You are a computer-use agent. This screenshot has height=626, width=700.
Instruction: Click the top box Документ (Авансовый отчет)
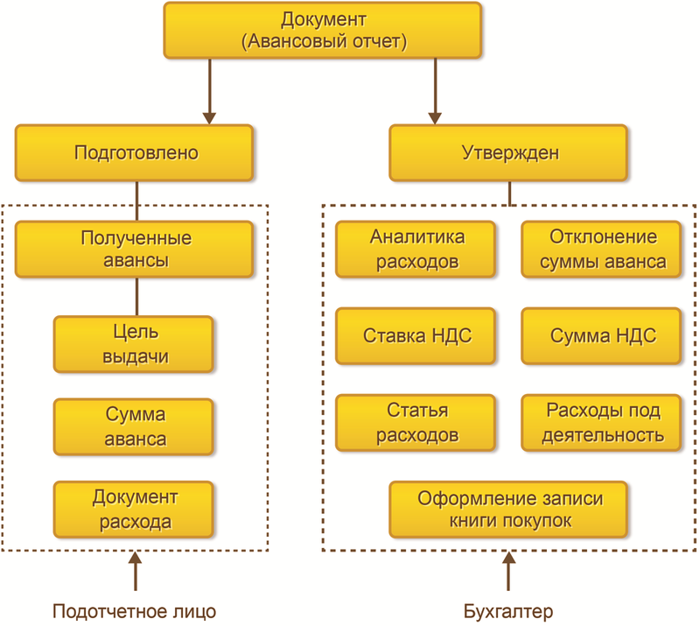click(x=322, y=30)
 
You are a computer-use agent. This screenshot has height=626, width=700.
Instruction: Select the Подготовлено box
click(x=135, y=153)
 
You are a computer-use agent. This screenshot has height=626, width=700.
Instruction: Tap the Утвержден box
click(x=509, y=153)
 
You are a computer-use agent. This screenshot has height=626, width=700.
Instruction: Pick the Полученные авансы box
click(x=135, y=249)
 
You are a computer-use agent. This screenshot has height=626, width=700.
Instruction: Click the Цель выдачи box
click(x=134, y=344)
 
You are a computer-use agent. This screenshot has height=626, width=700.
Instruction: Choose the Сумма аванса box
click(x=134, y=426)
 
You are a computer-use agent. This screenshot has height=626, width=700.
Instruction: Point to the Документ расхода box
click(x=134, y=510)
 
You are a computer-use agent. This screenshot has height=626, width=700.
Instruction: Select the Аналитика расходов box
click(x=416, y=249)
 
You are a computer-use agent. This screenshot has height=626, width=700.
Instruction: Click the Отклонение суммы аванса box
click(x=602, y=249)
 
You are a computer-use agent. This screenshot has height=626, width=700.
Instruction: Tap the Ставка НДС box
click(x=416, y=335)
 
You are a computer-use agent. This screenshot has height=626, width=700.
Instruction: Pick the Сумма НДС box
click(x=602, y=335)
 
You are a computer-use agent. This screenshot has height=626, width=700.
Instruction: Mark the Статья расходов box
click(x=416, y=422)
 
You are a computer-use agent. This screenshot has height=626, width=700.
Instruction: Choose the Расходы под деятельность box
click(x=602, y=422)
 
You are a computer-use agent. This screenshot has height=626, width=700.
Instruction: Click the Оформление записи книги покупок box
click(x=509, y=509)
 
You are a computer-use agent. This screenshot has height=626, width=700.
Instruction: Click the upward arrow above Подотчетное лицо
click(x=135, y=573)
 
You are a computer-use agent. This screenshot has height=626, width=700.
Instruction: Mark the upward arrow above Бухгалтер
click(x=509, y=573)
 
